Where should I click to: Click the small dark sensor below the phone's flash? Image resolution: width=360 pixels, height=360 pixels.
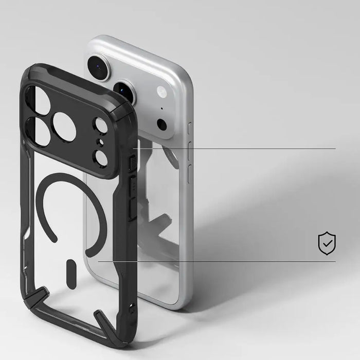[x=162, y=124]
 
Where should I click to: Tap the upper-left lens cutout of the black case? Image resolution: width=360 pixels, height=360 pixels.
[x=39, y=101]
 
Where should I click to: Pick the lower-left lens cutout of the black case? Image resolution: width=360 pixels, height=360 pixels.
[x=40, y=131]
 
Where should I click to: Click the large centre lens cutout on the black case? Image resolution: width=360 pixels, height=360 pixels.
[x=64, y=127]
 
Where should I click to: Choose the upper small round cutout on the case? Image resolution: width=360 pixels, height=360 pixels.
[x=101, y=126]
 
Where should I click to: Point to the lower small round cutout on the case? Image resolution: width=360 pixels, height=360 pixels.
[x=101, y=158]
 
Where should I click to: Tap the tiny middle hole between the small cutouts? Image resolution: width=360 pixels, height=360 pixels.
[x=99, y=142]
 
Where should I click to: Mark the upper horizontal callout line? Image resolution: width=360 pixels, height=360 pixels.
[x=237, y=149]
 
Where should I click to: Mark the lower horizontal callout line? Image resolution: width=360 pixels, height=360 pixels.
[x=216, y=261]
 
